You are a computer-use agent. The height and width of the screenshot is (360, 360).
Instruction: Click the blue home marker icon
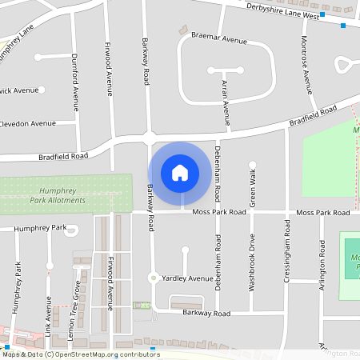[180, 173]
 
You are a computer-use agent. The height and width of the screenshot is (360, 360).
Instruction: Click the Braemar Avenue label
[219, 38]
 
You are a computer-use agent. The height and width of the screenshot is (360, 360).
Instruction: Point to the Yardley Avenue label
[187, 278]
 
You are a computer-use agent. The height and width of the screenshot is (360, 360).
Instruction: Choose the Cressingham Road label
[287, 248]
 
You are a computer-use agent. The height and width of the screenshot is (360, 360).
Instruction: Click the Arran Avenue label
[226, 102]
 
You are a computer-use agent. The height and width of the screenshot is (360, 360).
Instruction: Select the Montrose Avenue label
[306, 64]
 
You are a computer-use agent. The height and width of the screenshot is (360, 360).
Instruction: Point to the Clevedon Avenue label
[29, 123]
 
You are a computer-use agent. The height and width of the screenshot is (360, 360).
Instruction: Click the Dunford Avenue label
[75, 86]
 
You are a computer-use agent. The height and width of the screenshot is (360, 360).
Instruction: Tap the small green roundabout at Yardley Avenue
[152, 278]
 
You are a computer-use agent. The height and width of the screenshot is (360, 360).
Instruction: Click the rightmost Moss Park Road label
[323, 213]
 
